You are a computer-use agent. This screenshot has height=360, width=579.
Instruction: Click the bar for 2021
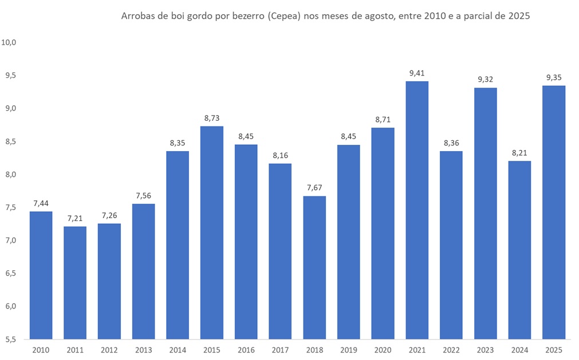coord(417,210)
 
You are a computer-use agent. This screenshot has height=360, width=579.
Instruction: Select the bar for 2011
coord(75,283)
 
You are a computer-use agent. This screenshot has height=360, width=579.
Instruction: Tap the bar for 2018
coord(314,267)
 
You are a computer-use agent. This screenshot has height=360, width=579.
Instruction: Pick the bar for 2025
coord(554,212)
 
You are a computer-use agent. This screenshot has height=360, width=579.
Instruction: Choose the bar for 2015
coord(212,232)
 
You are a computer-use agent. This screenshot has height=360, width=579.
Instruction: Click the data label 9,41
coord(417,73)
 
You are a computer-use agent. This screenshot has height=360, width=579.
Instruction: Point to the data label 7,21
coord(75,219)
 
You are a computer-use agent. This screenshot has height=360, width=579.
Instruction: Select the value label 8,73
coord(212,118)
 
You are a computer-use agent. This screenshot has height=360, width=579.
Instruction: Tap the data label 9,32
coord(485,80)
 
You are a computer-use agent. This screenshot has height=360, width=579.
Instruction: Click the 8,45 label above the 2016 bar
coord(246,137)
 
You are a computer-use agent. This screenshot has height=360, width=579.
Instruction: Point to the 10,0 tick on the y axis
coord(10,42)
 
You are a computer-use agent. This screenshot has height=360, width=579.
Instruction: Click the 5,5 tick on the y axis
coord(10,339)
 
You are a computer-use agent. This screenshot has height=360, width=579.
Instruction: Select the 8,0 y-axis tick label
coord(10,174)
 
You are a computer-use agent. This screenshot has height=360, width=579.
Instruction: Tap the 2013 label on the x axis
coord(143,350)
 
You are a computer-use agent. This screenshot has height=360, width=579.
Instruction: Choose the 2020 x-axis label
coord(383,350)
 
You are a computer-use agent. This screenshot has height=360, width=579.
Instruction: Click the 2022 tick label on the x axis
coord(451,350)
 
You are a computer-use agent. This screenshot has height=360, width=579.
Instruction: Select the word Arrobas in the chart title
coord(138,17)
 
